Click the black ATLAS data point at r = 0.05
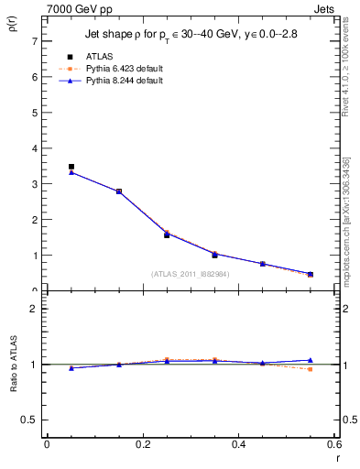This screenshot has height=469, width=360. coord(71,167)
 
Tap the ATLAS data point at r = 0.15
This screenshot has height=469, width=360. coord(119,191)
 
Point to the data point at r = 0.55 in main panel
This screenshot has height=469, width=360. coord(310,274)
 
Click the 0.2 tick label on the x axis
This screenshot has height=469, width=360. coord(142,443)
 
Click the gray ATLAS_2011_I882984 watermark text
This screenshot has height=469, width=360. coord(191,274)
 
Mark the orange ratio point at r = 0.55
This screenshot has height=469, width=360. coord(310,369)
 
